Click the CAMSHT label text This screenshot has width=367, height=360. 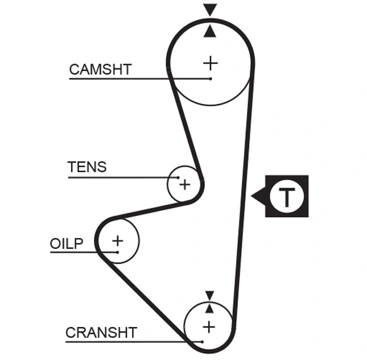click(x=100, y=69)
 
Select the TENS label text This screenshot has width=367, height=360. click(x=86, y=167)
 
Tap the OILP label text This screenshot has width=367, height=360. click(x=66, y=243)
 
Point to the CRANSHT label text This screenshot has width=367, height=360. click(x=101, y=332)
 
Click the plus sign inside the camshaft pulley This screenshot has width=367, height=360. click(x=210, y=62)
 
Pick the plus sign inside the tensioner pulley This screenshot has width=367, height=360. click(x=185, y=184)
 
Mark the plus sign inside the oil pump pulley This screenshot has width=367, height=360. click(x=117, y=240)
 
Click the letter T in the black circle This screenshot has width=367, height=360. click(x=286, y=197)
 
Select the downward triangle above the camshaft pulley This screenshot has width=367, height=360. click(x=210, y=10)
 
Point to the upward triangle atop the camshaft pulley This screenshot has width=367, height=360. click(x=210, y=31)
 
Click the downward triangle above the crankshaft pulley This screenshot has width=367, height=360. click(x=209, y=295)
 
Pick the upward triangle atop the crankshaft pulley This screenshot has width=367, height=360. click(x=209, y=308)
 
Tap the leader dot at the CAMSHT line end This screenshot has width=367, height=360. click(x=210, y=79)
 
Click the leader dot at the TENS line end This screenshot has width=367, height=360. click(x=179, y=178)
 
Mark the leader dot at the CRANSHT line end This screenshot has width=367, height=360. click(x=201, y=341)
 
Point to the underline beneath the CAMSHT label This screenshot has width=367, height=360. click(x=122, y=79)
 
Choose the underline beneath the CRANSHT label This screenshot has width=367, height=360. click(x=122, y=341)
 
